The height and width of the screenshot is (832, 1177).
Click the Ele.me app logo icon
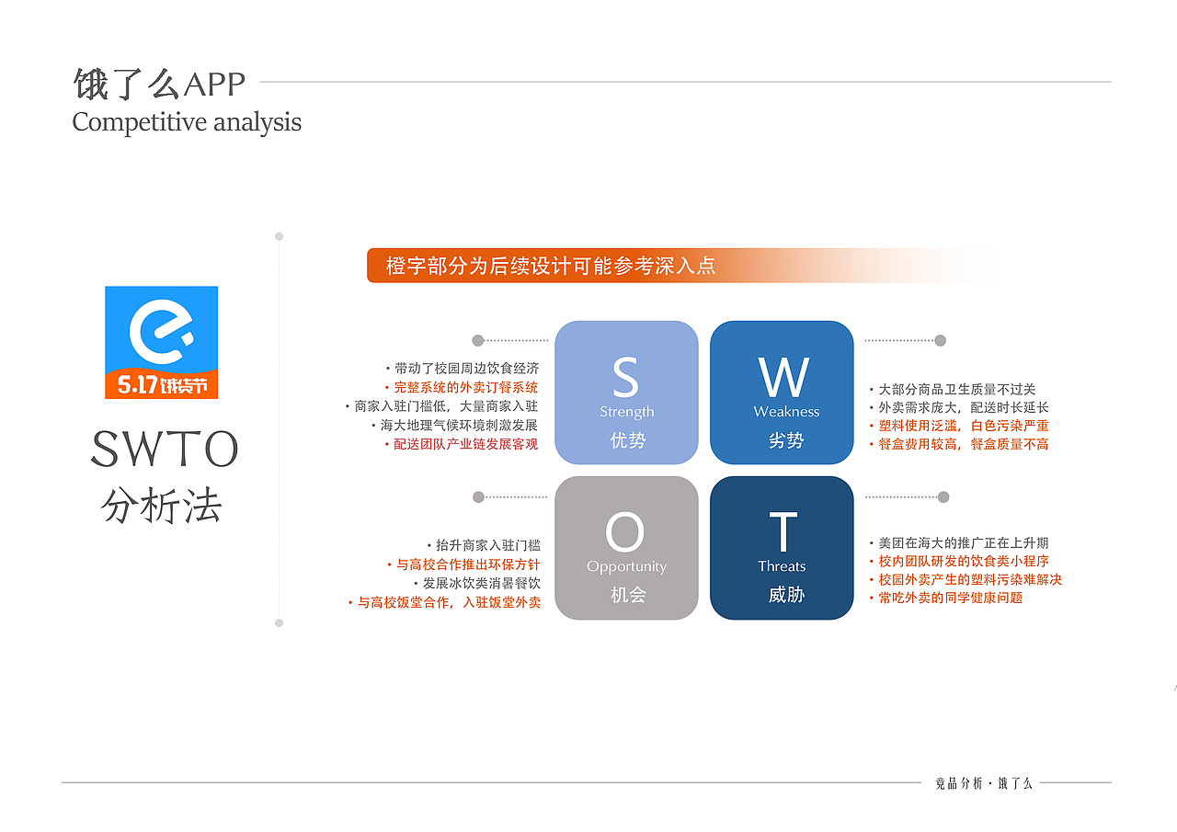pyautogui.click(x=161, y=342)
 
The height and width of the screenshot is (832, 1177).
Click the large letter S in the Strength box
pyautogui.click(x=625, y=378)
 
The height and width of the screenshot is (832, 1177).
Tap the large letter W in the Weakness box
pyautogui.click(x=783, y=378)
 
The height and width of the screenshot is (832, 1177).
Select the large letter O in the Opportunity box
pyautogui.click(x=625, y=532)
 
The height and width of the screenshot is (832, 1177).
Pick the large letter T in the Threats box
pyautogui.click(x=783, y=532)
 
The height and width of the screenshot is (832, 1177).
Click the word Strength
pyautogui.click(x=626, y=412)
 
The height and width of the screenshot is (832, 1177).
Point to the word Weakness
pyautogui.click(x=786, y=412)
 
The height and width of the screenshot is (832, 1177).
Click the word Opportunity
pyautogui.click(x=626, y=566)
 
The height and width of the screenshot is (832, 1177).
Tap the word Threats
pyautogui.click(x=782, y=566)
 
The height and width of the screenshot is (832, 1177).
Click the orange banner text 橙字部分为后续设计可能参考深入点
pyautogui.click(x=550, y=266)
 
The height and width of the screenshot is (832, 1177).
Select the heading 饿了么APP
pyautogui.click(x=159, y=85)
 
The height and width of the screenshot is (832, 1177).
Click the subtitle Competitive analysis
pyautogui.click(x=187, y=122)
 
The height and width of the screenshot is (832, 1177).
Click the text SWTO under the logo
pyautogui.click(x=164, y=450)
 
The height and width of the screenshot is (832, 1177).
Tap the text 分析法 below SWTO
pyautogui.click(x=162, y=506)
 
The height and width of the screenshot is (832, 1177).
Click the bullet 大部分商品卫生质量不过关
pyautogui.click(x=956, y=390)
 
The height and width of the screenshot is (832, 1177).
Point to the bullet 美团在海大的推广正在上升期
pyautogui.click(x=963, y=543)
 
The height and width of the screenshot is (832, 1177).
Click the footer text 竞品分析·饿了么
pyautogui.click(x=983, y=783)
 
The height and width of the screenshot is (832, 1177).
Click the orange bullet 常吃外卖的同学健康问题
pyautogui.click(x=950, y=598)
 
